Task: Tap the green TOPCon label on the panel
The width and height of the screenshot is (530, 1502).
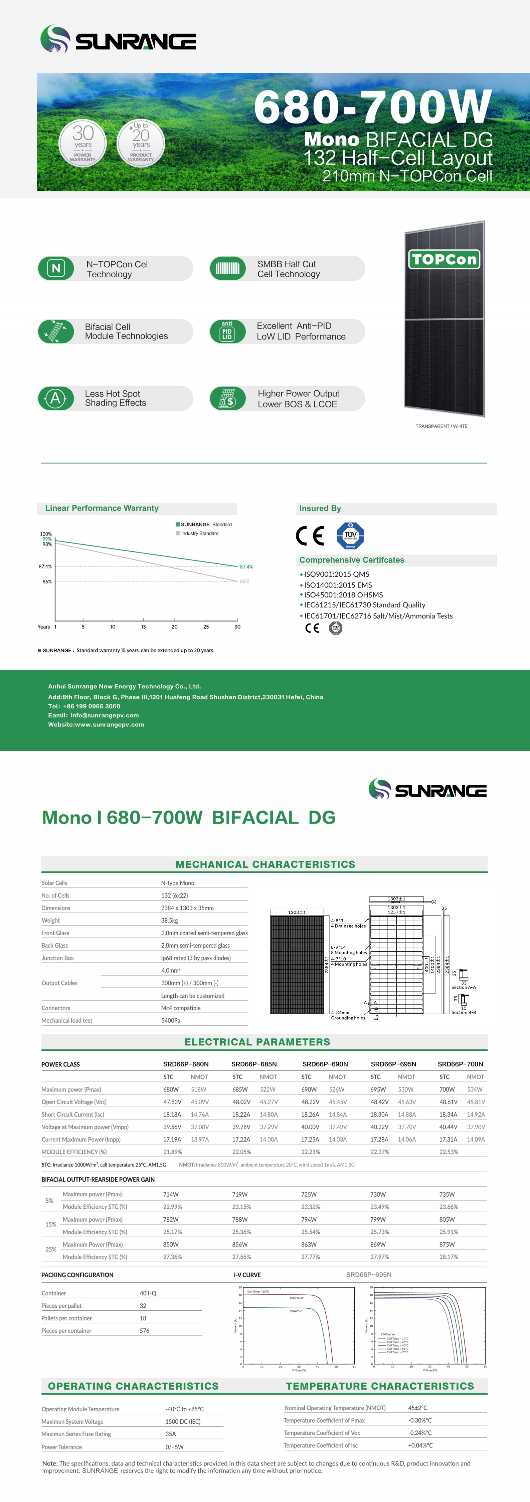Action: click(x=444, y=259)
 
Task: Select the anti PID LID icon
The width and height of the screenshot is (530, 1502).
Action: click(x=227, y=331)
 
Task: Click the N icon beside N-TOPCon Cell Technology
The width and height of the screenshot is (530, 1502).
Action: click(x=56, y=268)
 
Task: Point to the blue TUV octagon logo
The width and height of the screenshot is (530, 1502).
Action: click(x=350, y=535)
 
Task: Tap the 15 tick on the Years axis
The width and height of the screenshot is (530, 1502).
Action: click(x=143, y=627)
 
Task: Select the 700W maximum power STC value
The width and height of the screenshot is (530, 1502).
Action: click(x=447, y=1089)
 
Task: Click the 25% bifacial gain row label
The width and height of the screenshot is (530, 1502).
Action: click(x=51, y=1249)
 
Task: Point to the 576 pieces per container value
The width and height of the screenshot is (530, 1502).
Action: click(x=145, y=1331)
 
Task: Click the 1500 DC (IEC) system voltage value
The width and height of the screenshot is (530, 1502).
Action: click(x=183, y=1421)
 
